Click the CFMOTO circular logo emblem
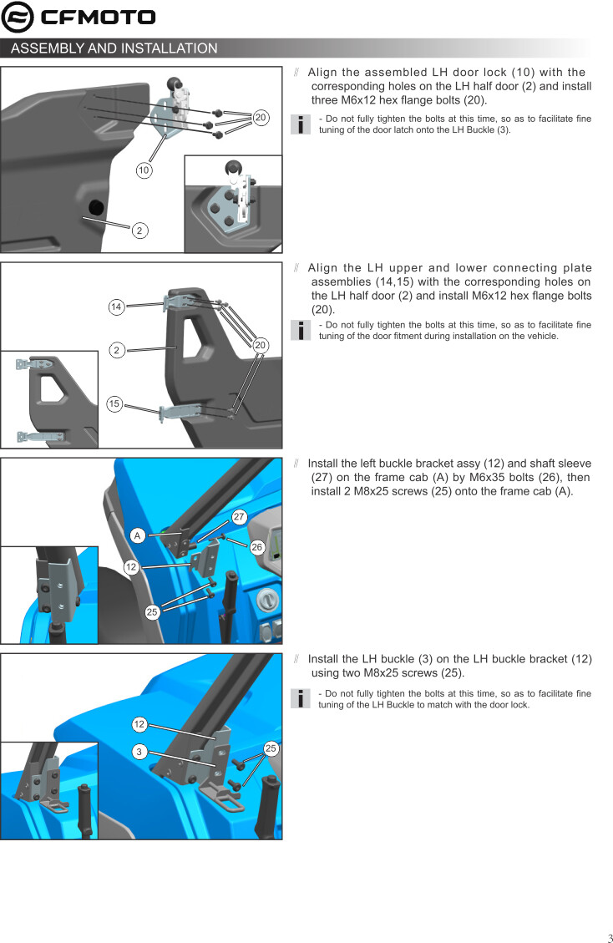coord(18,17)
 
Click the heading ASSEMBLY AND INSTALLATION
coord(114,48)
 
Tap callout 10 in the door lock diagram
coord(143,170)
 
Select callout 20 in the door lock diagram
coord(260,117)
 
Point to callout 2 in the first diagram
coord(139,231)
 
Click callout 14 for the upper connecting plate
coord(116,307)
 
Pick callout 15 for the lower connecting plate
coord(114,403)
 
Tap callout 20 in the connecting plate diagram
coord(260,345)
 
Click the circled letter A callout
coord(138,535)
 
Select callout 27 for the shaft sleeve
coord(240,517)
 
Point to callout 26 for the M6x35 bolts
coord(257,547)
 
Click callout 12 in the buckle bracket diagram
coord(131,566)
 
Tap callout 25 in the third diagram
coord(152,612)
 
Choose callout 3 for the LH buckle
coord(139,752)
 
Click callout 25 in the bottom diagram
coord(271,748)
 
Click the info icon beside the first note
coord(300,124)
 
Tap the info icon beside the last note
coord(300,698)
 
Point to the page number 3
coord(610,938)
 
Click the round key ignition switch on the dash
coord(268,600)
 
